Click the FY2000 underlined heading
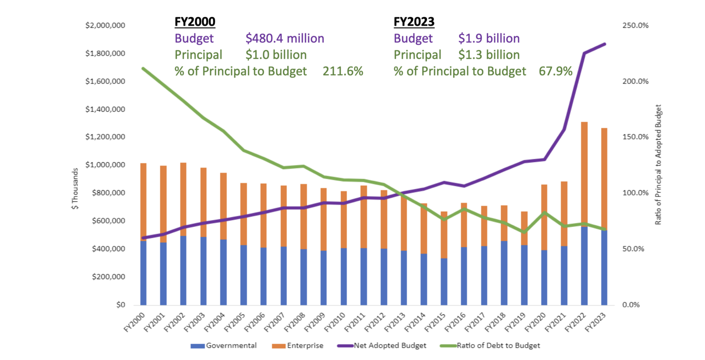(195, 22)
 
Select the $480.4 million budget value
(285, 39)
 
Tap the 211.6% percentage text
(343, 71)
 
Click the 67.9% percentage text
(555, 71)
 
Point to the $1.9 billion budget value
(489, 39)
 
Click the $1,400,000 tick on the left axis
(105, 110)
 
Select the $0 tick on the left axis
(119, 305)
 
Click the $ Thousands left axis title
(75, 189)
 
